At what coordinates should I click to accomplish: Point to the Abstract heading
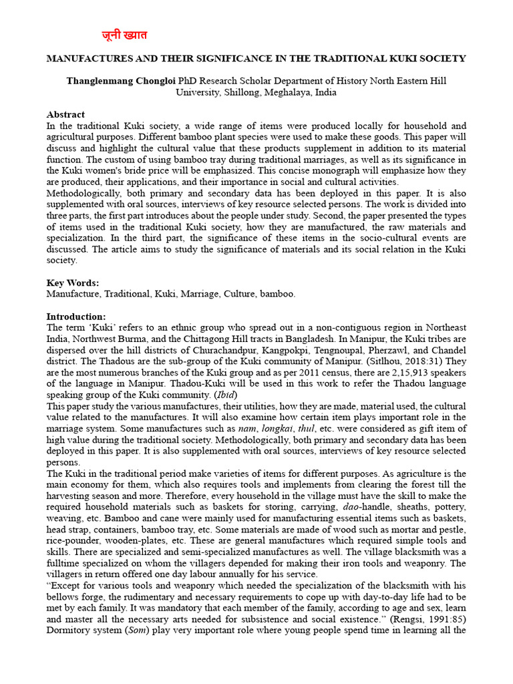(x=65, y=115)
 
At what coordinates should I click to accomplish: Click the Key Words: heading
(x=72, y=283)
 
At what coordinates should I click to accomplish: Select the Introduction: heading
(x=76, y=316)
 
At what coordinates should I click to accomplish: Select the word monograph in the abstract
(x=347, y=170)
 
